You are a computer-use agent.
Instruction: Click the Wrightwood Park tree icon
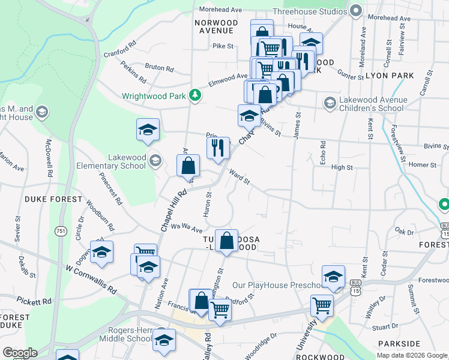pos(194,95)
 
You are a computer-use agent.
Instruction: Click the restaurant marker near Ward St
pos(218,148)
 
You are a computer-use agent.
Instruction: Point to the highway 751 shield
pos(61,231)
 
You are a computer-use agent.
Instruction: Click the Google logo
pos(20,353)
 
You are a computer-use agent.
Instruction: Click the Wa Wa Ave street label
pos(187,227)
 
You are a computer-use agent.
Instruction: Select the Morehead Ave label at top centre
pos(220,10)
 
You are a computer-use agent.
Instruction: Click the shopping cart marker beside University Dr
pos(322,305)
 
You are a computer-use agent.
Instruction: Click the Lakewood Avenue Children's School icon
pos(330,103)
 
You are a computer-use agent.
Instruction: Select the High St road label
pos(342,167)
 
